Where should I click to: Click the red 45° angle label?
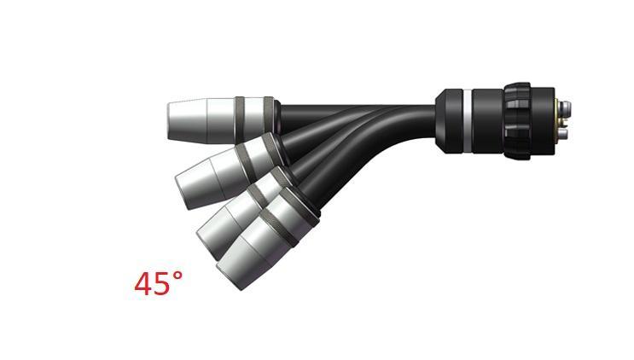pos(158,284)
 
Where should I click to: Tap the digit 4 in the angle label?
pos(143,285)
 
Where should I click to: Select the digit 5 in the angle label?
pos(162,285)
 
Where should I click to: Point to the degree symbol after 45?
pos(177,276)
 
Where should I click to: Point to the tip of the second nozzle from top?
pos(181,189)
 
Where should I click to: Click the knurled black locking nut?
pos(517,119)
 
